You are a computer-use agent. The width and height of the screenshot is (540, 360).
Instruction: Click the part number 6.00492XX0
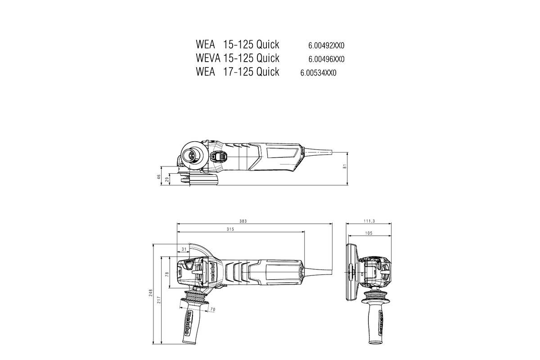[326, 45]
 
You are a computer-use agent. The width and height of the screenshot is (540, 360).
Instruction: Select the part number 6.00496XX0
[326, 59]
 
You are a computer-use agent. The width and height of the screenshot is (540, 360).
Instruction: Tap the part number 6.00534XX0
[318, 73]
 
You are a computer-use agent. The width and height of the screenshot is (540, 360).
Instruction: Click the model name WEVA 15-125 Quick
[238, 58]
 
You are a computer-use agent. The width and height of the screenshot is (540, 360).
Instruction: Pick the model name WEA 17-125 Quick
[238, 72]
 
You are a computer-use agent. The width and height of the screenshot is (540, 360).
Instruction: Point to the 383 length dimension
[256, 221]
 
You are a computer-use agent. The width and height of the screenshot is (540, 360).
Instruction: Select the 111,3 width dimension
[369, 221]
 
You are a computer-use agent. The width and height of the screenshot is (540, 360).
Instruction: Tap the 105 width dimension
[368, 233]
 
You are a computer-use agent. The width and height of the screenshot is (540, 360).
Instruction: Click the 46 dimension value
[159, 177]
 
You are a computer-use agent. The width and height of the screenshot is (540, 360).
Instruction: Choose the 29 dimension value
[167, 180]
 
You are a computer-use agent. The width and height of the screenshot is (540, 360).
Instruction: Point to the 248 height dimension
[151, 293]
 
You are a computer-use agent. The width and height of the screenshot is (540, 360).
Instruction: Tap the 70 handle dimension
[213, 310]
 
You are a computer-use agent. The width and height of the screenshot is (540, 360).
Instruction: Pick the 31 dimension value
[184, 249]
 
